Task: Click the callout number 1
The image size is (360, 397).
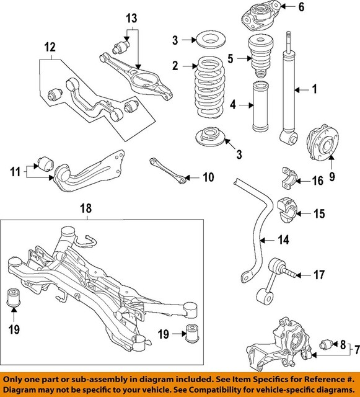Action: tap(314, 90)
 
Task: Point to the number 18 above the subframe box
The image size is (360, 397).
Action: tap(87, 210)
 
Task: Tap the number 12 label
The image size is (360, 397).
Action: tap(50, 46)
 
